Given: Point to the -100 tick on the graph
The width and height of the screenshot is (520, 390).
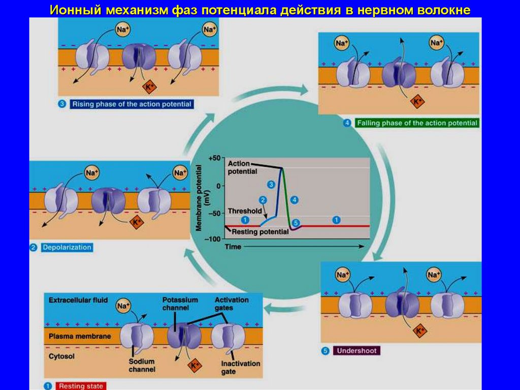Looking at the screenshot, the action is point(213,239).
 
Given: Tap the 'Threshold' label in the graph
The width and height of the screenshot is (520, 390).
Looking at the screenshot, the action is point(245,211).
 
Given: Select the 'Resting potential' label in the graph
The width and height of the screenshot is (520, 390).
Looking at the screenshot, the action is point(260,232).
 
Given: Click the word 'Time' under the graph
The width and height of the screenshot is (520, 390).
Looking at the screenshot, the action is point(233,247).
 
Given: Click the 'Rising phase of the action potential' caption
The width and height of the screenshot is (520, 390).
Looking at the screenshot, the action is point(132,104).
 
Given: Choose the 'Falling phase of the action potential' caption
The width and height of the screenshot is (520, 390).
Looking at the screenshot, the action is point(417,123).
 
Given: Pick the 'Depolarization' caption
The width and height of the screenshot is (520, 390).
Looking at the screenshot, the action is point(67,248).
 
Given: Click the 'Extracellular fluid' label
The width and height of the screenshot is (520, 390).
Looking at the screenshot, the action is point(78,300).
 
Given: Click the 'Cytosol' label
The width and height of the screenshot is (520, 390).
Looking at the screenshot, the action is point(61,356).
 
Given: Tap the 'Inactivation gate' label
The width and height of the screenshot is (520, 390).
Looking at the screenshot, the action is point(240,367).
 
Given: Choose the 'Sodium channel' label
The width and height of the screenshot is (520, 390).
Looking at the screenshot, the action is point(142,365).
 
